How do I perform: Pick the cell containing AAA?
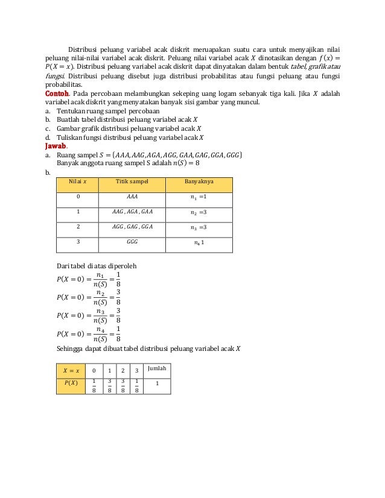click(132, 197)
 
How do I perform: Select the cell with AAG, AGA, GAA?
click(132, 212)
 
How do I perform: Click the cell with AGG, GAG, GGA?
click(132, 227)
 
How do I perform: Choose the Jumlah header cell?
click(157, 368)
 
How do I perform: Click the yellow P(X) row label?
click(70, 382)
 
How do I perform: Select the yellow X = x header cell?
click(71, 369)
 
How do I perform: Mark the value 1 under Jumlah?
click(157, 383)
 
